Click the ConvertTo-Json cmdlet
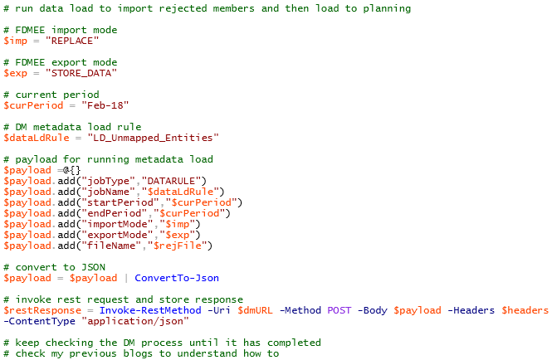pos(177,278)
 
